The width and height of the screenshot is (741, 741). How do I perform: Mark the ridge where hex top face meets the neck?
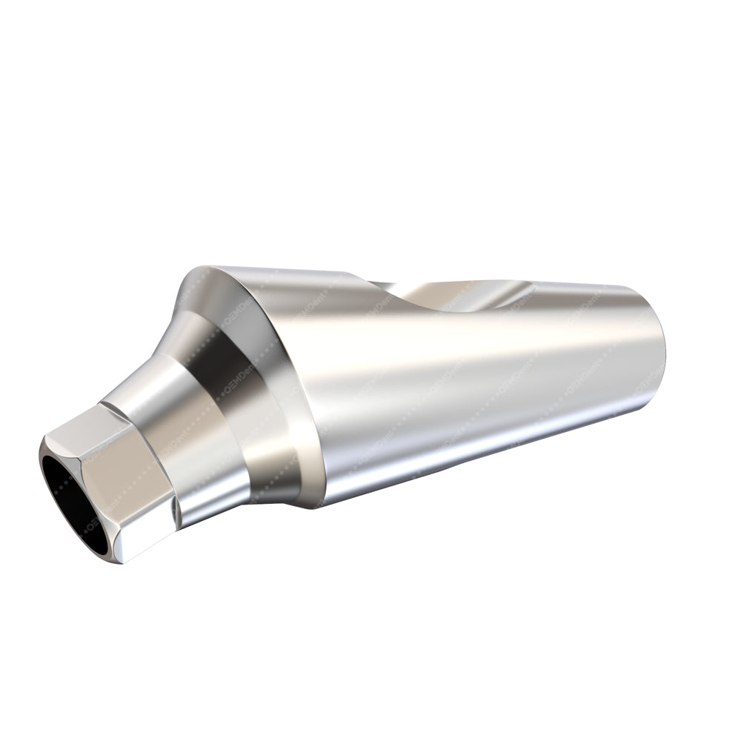tap(111, 408)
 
